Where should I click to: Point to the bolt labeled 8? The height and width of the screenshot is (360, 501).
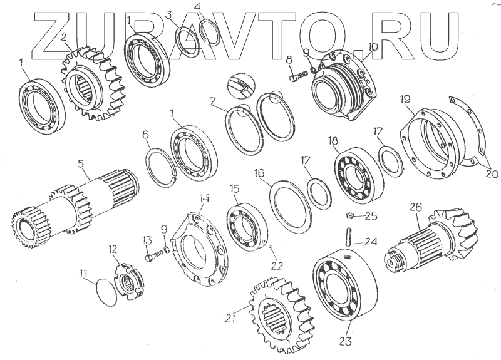tap(296, 76)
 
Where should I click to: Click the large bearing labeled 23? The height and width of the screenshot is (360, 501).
tap(344, 285)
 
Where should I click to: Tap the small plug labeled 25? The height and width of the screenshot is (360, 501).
tap(351, 217)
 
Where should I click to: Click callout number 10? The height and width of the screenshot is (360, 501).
tap(373, 46)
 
